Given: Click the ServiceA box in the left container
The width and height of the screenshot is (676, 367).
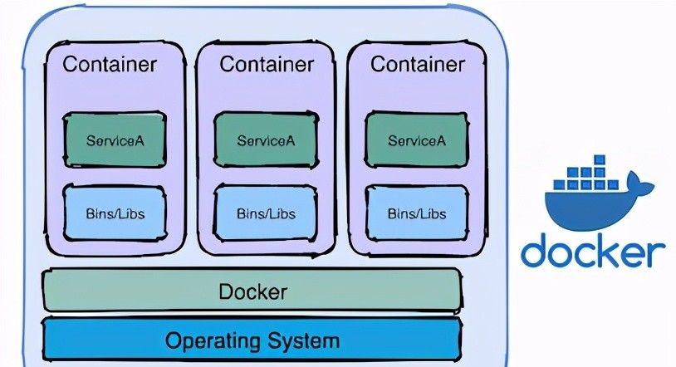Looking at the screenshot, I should [x=115, y=140].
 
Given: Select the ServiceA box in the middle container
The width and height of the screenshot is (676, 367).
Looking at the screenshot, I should [x=266, y=140].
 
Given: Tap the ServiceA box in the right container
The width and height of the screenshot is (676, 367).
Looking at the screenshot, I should [x=417, y=140].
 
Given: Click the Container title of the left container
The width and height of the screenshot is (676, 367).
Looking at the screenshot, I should [x=111, y=64].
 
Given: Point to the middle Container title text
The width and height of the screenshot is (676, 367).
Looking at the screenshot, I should [x=266, y=64].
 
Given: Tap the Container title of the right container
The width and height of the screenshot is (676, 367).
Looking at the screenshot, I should [x=417, y=64].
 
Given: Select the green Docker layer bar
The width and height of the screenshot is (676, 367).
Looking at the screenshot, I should [x=252, y=291].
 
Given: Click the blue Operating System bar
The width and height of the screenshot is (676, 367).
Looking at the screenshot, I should [x=252, y=340].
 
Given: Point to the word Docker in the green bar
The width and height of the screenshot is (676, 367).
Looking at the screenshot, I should [x=252, y=292].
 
